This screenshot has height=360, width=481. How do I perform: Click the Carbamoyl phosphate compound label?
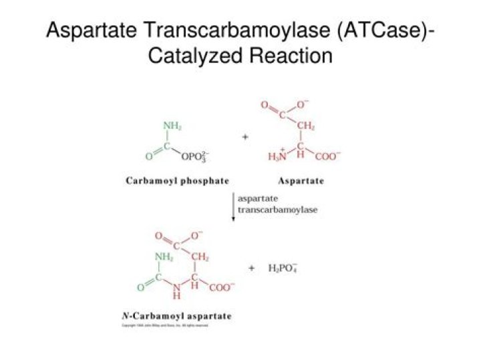click(177, 181)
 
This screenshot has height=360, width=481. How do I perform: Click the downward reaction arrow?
click(233, 208)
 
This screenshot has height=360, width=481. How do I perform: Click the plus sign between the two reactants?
click(245, 136)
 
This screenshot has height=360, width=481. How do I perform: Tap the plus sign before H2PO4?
click(252, 268)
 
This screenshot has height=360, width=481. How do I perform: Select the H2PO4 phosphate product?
click(281, 268)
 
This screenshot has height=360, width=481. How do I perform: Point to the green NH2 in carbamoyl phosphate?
click(173, 126)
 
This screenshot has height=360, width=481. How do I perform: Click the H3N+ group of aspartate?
click(277, 156)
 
